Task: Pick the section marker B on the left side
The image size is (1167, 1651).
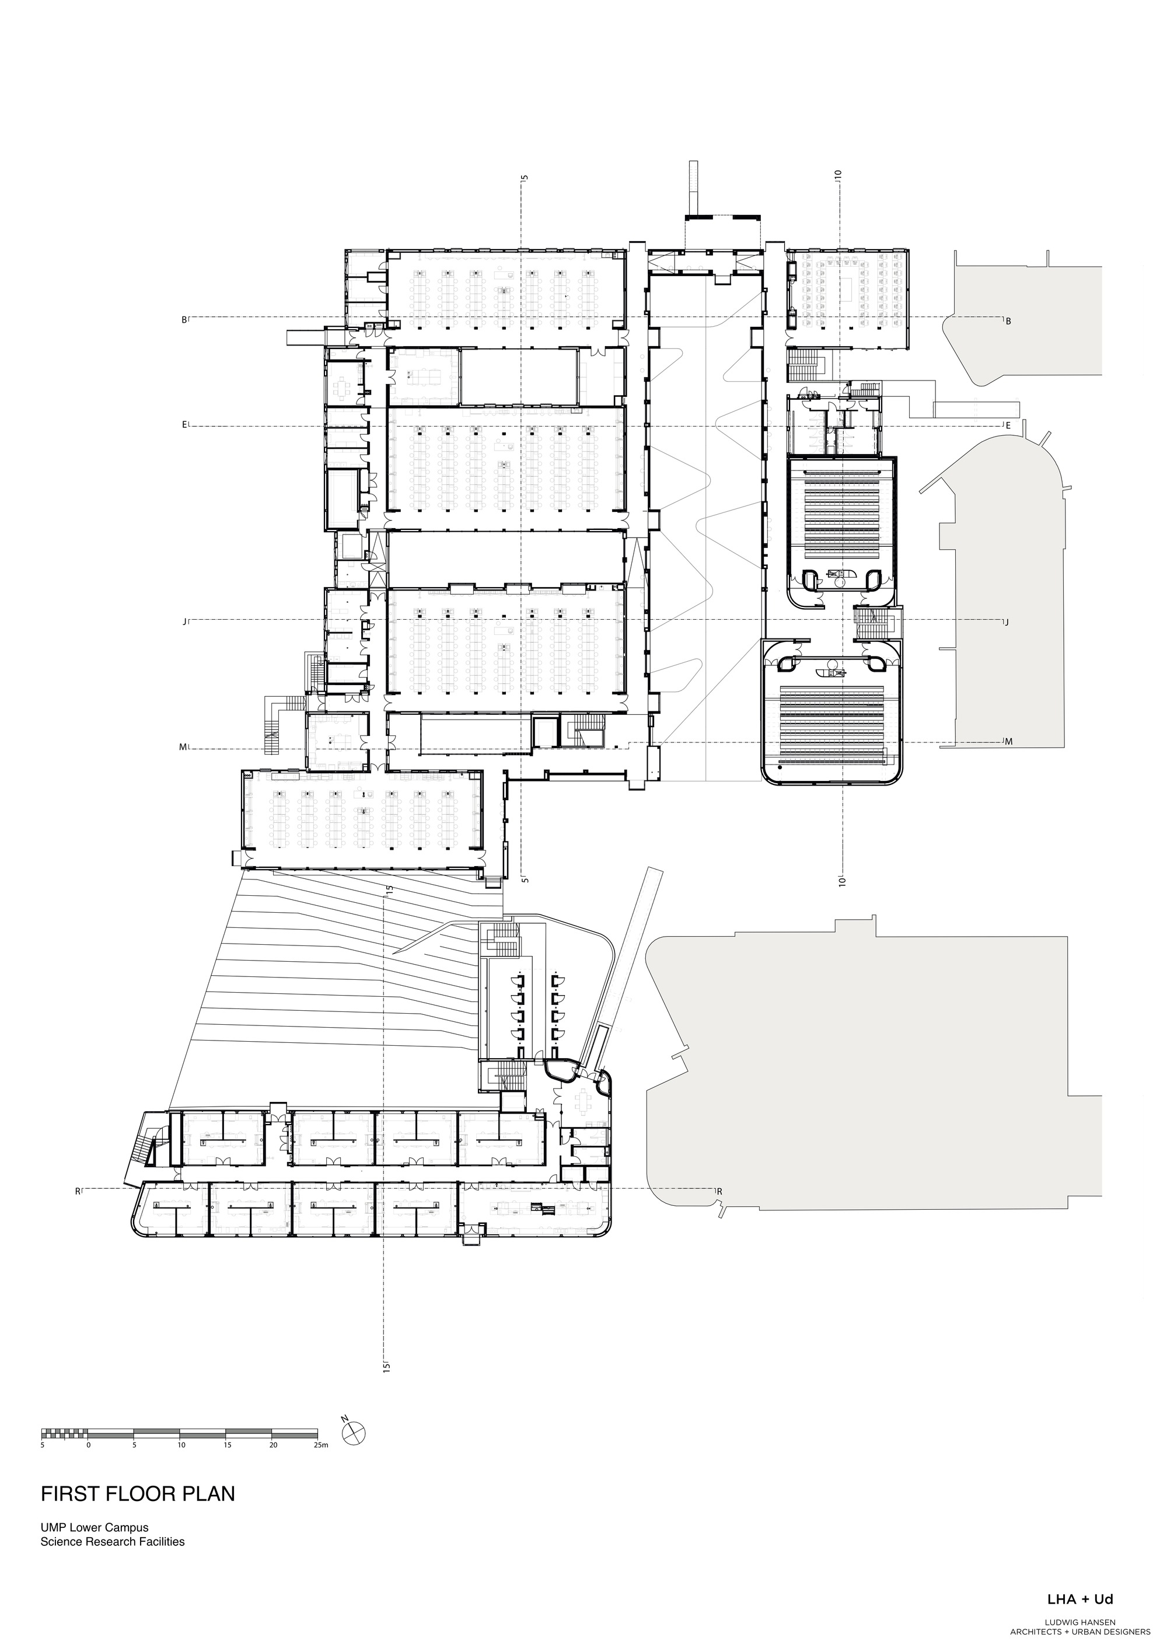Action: pyautogui.click(x=184, y=320)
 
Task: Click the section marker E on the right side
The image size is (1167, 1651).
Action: pyautogui.click(x=1008, y=425)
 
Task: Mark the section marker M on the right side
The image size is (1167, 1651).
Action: pyautogui.click(x=1008, y=742)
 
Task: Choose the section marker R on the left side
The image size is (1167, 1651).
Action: pyautogui.click(x=78, y=1192)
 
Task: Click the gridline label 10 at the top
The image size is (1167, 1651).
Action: pyautogui.click(x=838, y=174)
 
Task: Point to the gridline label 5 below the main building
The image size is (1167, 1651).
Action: pyautogui.click(x=525, y=879)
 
